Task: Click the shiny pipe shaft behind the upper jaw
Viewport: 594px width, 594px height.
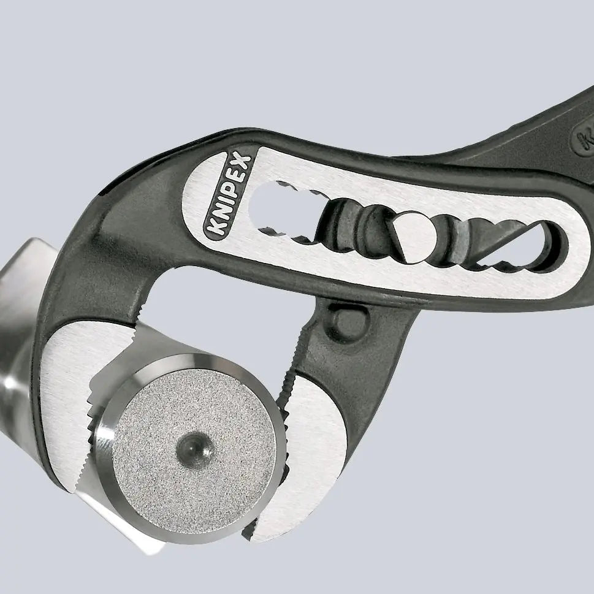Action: [x=18, y=319]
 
